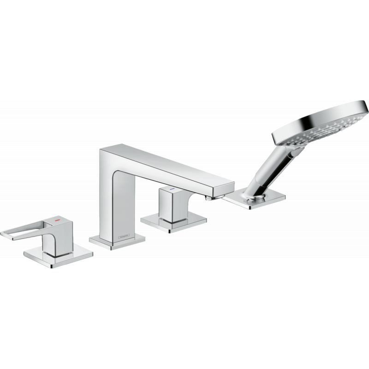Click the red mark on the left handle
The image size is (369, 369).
tap(57, 222)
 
